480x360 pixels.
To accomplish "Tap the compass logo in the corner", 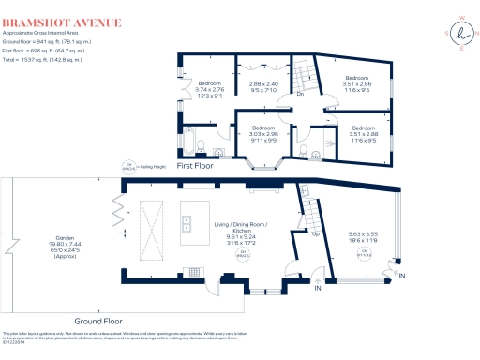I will (461, 35).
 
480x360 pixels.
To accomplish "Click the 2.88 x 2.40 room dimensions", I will (263, 84).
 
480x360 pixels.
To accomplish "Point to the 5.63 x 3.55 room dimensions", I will (363, 237).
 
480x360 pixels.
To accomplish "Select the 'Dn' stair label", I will (301, 94).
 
